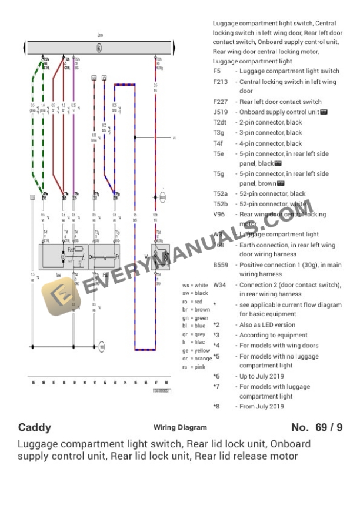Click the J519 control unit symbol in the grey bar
tap(99, 47)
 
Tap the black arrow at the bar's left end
tap(24, 47)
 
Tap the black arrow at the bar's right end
tap(174, 47)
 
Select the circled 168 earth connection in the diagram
tap(101, 347)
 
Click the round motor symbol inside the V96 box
tap(62, 256)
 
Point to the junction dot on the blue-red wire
tap(135, 139)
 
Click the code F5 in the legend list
tap(217, 71)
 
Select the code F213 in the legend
tap(220, 82)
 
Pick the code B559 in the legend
tap(221, 265)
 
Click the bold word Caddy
tap(35, 427)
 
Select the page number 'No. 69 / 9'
tap(316, 427)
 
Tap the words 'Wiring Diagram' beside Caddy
tap(180, 428)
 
